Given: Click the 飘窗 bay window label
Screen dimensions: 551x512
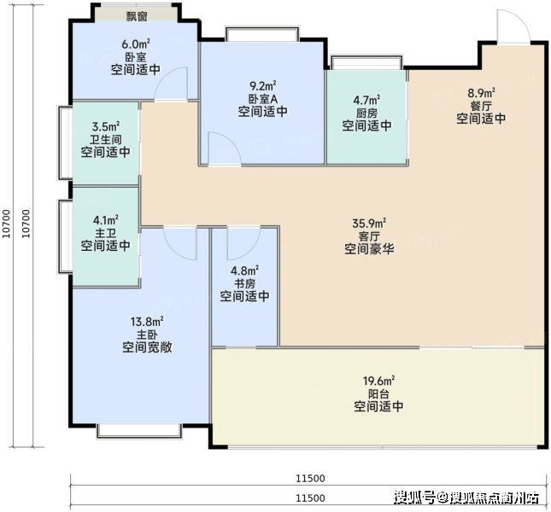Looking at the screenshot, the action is (137, 16).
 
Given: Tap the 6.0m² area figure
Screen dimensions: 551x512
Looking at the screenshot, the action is (136, 44).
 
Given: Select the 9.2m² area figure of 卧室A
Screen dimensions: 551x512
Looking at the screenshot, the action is (262, 85).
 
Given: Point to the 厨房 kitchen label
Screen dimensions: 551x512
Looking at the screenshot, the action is (366, 113).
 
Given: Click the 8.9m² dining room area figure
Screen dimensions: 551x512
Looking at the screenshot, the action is (481, 93).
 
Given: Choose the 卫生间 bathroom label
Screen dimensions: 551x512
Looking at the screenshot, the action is (105, 139).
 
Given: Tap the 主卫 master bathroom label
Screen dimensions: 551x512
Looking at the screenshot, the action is (105, 233).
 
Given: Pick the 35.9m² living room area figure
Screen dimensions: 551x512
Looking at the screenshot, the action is (369, 224).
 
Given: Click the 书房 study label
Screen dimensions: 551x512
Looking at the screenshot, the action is (244, 283).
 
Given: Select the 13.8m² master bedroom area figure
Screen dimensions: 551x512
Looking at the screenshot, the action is (147, 321).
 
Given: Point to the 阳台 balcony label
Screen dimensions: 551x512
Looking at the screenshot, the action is (378, 393).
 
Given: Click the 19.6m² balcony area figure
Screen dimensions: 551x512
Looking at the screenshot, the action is (378, 381).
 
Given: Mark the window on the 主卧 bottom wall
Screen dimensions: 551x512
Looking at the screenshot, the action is (139, 431).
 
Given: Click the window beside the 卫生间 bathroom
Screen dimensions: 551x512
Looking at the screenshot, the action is (66, 143).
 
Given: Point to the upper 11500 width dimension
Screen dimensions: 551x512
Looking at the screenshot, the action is (310, 479).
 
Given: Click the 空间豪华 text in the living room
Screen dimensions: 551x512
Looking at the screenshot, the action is (369, 249).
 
